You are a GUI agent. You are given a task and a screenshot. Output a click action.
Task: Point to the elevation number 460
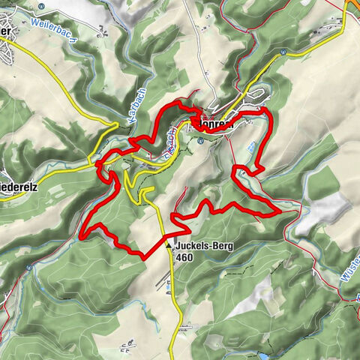[186, 256]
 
